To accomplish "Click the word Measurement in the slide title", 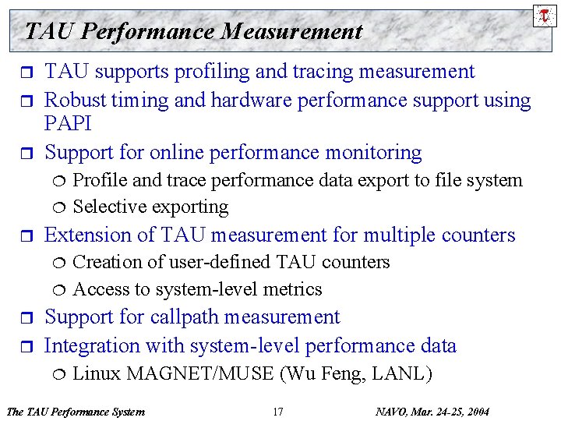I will pyautogui.click(x=291, y=31).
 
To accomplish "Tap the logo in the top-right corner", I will pyautogui.click(x=545, y=15).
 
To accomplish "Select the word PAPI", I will pyautogui.click(x=68, y=124).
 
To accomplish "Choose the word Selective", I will pyautogui.click(x=107, y=207).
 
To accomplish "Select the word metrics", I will pyautogui.click(x=293, y=289).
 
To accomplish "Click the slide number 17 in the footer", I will pyautogui.click(x=278, y=411).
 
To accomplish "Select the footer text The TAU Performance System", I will pyautogui.click(x=75, y=411).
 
